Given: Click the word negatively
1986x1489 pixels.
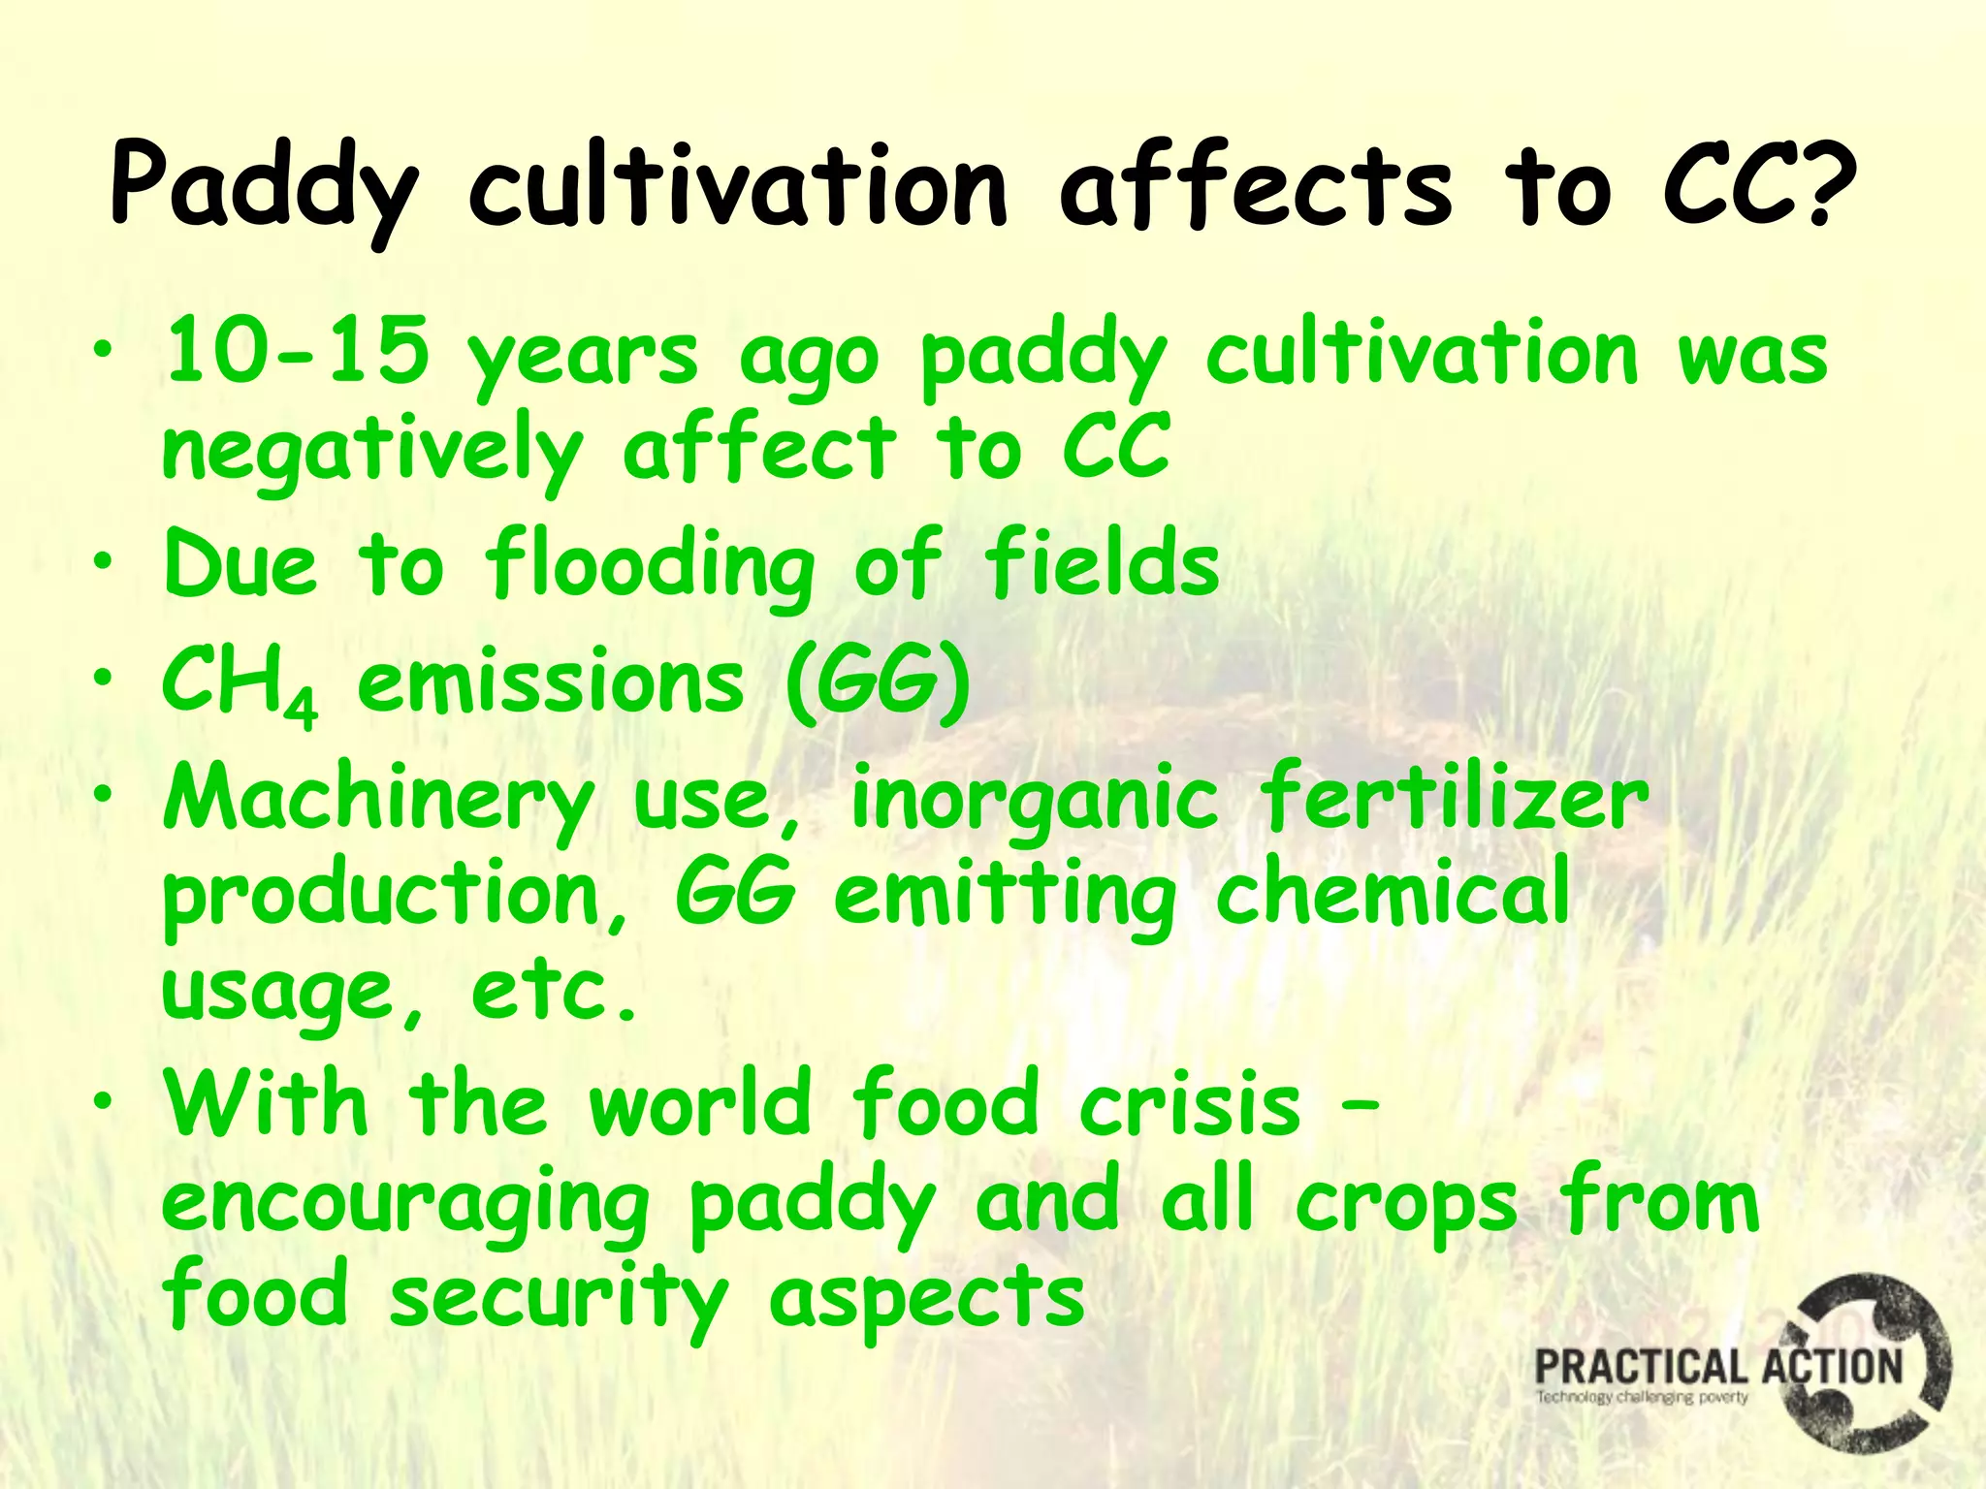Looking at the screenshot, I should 372,452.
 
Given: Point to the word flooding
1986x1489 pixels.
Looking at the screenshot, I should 650,567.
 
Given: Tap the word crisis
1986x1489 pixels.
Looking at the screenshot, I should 1190,1104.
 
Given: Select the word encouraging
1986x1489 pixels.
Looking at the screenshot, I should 405,1207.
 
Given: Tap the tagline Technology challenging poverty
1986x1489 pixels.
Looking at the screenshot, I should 1641,1397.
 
